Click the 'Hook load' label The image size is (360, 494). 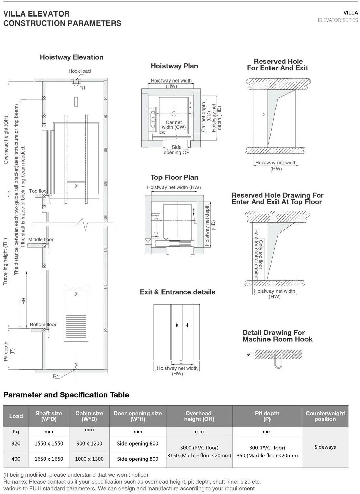point(79,71)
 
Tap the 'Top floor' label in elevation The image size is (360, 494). point(38,191)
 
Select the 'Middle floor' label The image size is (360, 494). point(41,240)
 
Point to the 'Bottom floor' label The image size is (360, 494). point(43,325)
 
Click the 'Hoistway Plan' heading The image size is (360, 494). point(174,66)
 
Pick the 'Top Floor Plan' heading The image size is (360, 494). point(174,177)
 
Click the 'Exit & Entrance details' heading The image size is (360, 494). point(177,292)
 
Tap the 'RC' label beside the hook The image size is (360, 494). point(249,355)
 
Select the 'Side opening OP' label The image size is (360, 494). point(176,150)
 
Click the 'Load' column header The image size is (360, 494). point(16,416)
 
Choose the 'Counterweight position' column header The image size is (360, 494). point(325,416)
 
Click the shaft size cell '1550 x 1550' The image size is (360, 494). point(49,443)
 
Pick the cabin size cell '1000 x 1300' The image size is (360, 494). point(89,459)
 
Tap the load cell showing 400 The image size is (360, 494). point(16,459)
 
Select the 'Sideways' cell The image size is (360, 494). point(325,447)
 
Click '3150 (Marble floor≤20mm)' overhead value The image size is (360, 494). point(199,456)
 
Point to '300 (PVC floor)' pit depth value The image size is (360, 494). point(267,448)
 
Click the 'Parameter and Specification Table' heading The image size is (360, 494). point(66,395)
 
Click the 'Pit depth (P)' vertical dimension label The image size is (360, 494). point(9,351)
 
